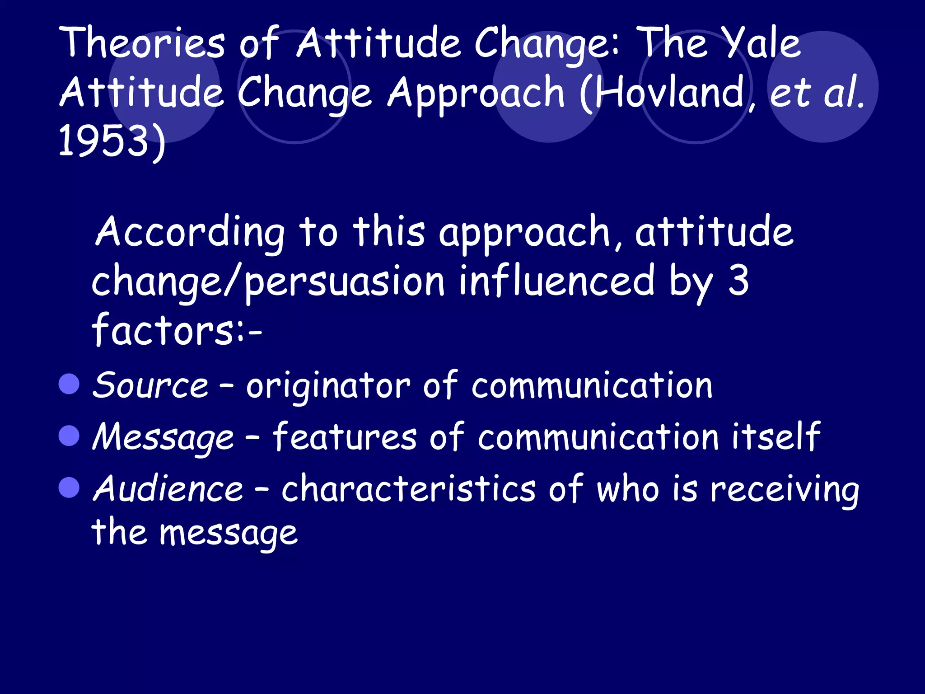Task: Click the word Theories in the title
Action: [x=144, y=43]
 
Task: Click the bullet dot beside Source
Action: [x=69, y=384]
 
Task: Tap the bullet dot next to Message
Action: [x=69, y=436]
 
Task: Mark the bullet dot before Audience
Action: [x=69, y=488]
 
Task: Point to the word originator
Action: [x=328, y=386]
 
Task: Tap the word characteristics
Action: [x=408, y=488]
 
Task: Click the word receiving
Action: [x=784, y=489]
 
